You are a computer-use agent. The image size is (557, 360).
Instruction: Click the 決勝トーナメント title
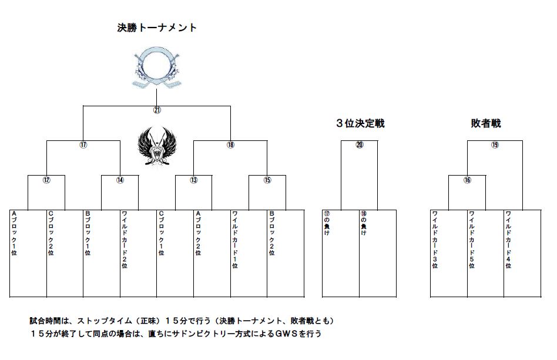[157, 28]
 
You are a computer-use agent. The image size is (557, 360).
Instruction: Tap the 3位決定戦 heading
[360, 123]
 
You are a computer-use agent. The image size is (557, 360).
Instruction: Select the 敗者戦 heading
[485, 123]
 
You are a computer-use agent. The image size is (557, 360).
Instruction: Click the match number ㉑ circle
[157, 109]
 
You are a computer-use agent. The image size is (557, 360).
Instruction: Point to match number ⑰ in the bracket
[83, 144]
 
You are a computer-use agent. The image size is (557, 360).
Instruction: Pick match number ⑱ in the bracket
[230, 144]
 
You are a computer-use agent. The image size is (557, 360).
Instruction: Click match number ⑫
[46, 180]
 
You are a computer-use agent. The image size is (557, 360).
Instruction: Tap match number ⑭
[120, 180]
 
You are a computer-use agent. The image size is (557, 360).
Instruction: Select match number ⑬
[193, 180]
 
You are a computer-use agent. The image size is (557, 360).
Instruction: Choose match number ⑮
[267, 180]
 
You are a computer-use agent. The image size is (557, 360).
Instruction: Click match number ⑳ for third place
[360, 144]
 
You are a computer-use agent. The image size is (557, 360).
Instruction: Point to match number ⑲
[495, 144]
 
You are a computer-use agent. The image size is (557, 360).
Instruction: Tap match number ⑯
[467, 180]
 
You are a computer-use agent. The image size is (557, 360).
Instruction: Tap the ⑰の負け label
[327, 223]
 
